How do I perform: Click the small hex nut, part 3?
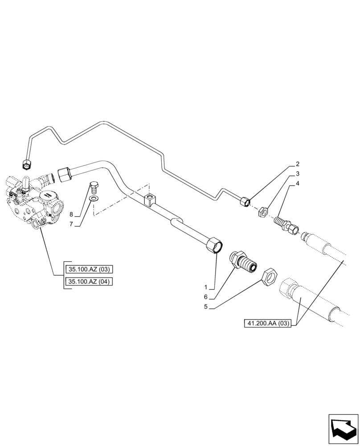pos(263,211)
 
